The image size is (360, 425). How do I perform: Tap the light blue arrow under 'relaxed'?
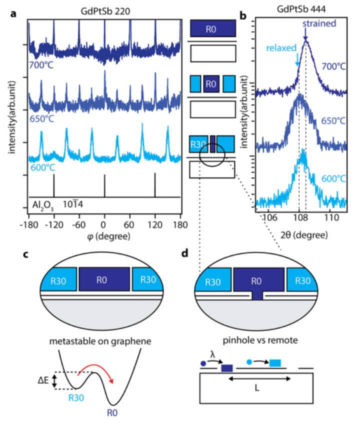298,60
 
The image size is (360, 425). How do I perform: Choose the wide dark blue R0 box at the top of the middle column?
212,28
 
